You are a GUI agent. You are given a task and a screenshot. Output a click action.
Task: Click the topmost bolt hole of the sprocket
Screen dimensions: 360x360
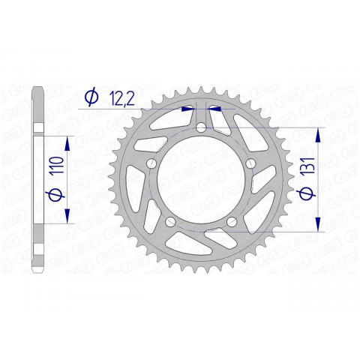201,128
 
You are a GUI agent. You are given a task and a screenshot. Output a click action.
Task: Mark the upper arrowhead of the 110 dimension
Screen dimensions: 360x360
69,142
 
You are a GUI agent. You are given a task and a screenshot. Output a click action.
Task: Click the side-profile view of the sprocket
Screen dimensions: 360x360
37,180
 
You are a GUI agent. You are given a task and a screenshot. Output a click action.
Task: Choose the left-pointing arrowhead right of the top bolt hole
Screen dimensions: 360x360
212,107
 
